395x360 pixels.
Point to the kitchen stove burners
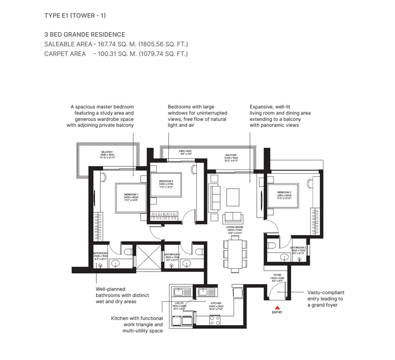coord(215,320)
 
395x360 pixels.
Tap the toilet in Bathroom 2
coord(271,245)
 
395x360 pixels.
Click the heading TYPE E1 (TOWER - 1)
coord(75,16)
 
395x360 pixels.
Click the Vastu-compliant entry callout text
coord(325,299)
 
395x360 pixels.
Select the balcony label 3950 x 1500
coord(107,154)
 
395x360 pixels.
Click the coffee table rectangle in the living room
coord(233,196)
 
